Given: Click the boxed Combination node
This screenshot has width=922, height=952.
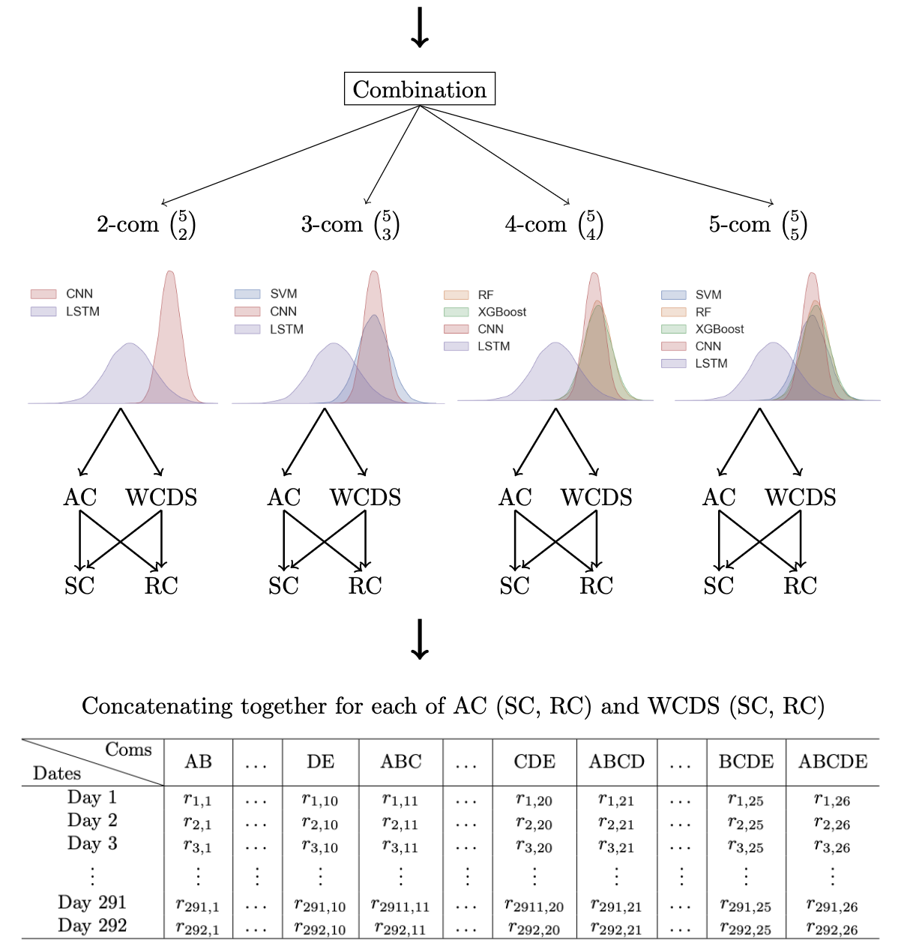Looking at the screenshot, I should click(419, 89).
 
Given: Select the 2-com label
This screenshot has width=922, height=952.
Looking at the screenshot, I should click(128, 224).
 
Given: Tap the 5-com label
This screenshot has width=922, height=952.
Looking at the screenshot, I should click(740, 224).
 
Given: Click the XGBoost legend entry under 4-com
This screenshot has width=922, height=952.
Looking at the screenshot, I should click(501, 312).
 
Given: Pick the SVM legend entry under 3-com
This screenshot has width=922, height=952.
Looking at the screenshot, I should click(283, 294).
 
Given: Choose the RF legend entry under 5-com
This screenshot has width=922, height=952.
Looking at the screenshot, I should click(703, 312).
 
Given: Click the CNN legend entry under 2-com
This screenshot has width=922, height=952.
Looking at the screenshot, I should click(79, 294).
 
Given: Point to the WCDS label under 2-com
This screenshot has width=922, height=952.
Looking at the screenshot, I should click(161, 497).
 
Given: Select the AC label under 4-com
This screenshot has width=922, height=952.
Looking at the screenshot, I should click(515, 497).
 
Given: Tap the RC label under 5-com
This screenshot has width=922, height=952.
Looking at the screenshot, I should click(800, 585).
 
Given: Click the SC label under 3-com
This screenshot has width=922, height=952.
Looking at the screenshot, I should click(283, 585).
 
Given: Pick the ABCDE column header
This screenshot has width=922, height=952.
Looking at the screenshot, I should click(833, 762).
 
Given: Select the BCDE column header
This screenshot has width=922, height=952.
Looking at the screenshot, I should click(746, 762).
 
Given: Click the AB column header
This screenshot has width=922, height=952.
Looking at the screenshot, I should click(199, 762).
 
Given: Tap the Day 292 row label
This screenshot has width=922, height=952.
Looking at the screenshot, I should click(92, 926).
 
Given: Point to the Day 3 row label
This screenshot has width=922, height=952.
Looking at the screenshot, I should click(92, 843).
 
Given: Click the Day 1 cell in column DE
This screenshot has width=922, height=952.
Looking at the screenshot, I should click(320, 800).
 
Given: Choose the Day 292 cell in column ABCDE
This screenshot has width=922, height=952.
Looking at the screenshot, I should click(832, 929).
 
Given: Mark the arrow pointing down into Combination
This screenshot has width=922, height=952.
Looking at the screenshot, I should click(420, 26).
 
